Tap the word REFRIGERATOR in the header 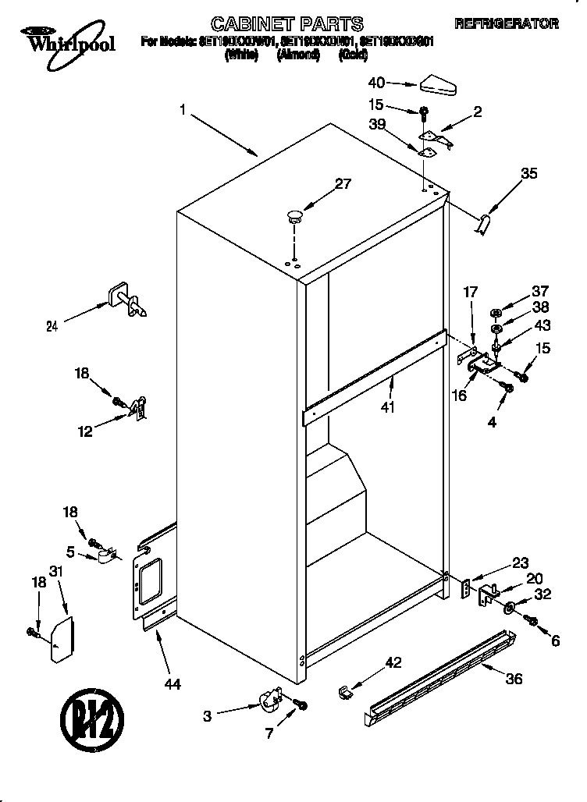[507, 24]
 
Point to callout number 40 [376, 81]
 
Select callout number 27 [342, 185]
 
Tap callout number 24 [52, 326]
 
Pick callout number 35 [528, 175]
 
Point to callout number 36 [513, 678]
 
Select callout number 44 [173, 683]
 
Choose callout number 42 [393, 662]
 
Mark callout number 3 [207, 715]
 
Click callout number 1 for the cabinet [182, 112]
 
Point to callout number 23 [521, 563]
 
